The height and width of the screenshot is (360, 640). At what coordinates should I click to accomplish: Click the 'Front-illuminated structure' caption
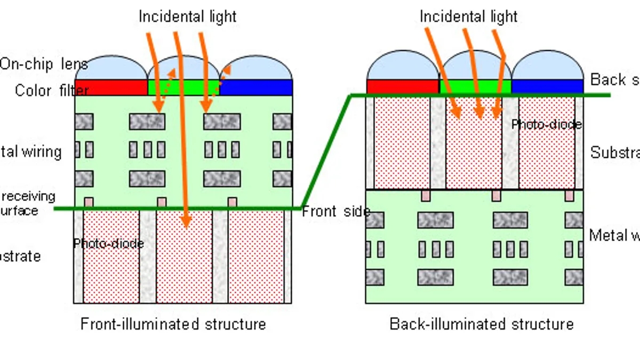pyautogui.click(x=173, y=324)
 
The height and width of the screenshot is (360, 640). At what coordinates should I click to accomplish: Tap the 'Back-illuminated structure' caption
pyautogui.click(x=482, y=324)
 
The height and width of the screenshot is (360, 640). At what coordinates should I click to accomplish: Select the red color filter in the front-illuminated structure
pyautogui.click(x=111, y=87)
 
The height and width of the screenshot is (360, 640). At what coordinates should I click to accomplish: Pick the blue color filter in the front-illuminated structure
pyautogui.click(x=257, y=87)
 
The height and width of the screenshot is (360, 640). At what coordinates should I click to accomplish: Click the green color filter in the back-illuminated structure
pyautogui.click(x=475, y=86)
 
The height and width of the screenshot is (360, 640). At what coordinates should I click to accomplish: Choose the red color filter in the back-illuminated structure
pyautogui.click(x=403, y=86)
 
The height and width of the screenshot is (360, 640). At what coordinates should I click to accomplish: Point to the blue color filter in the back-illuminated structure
pyautogui.click(x=547, y=86)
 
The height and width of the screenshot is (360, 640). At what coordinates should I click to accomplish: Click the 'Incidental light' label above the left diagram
pyautogui.click(x=187, y=17)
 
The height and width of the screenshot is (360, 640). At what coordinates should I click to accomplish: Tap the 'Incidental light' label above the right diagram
pyautogui.click(x=468, y=17)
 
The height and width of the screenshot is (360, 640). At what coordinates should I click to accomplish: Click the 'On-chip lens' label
pyautogui.click(x=44, y=64)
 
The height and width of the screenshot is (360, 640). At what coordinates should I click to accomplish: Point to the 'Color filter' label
pyautogui.click(x=51, y=90)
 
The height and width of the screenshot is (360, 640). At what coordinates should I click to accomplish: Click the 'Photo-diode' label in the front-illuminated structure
pyautogui.click(x=108, y=244)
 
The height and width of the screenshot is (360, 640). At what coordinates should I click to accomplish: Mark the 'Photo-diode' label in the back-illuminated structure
pyautogui.click(x=546, y=124)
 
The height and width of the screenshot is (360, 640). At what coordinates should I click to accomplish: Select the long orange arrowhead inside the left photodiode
pyautogui.click(x=185, y=220)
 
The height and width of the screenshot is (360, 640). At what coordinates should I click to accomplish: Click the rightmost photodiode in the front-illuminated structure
pyautogui.click(x=256, y=256)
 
